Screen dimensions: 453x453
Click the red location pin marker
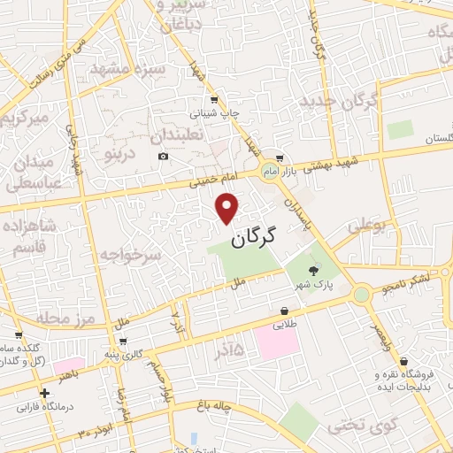228,207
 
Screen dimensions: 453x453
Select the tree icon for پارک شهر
312,272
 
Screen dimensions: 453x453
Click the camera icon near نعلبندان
164,157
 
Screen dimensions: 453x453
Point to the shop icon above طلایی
284,311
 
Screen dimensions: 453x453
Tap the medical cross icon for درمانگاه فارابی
44,392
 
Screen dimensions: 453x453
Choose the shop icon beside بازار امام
280,157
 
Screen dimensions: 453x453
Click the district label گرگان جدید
339,100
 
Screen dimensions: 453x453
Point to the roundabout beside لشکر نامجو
361,294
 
